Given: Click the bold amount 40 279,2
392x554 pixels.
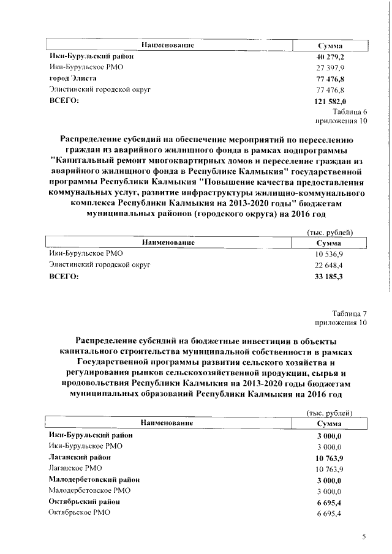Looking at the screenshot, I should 330,57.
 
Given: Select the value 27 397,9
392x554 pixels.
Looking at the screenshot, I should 330,68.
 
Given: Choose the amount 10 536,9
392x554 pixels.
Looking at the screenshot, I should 330,254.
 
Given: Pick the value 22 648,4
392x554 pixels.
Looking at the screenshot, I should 330,265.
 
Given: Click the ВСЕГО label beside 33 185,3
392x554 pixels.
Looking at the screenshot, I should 64,277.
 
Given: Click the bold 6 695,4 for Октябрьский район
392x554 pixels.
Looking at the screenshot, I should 330,502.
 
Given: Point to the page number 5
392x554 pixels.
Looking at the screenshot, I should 364,537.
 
